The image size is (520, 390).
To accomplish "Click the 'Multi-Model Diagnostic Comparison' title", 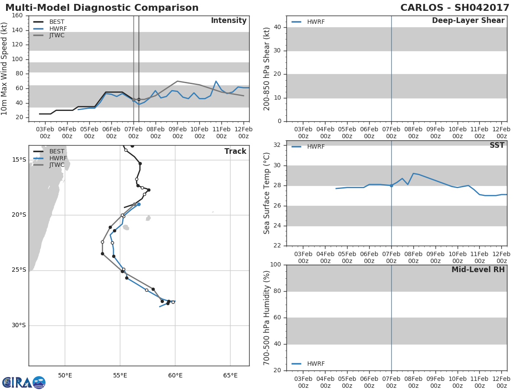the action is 102,7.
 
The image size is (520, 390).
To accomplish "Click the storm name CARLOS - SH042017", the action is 455,7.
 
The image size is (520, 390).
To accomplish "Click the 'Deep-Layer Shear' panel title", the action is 468,20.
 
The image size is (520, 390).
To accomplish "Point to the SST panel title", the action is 497,145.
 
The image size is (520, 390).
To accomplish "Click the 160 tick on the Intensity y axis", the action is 17,16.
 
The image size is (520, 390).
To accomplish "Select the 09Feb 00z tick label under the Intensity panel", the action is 177,133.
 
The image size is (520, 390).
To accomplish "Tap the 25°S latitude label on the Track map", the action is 19,270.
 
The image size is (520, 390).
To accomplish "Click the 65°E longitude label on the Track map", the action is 230,375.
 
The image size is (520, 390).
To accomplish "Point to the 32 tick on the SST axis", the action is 277,145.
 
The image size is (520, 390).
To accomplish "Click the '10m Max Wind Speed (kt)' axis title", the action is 4,68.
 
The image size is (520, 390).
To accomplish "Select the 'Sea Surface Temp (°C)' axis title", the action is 266,193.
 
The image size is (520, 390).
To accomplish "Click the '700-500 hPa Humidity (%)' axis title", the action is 266,318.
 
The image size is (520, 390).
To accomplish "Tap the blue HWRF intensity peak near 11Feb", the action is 216,81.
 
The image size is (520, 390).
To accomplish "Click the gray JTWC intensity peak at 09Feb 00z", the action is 177,81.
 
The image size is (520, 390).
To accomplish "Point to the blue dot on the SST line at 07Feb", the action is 391,185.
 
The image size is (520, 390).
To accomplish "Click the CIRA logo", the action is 24,382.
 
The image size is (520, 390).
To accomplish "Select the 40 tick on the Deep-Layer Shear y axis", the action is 277,27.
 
